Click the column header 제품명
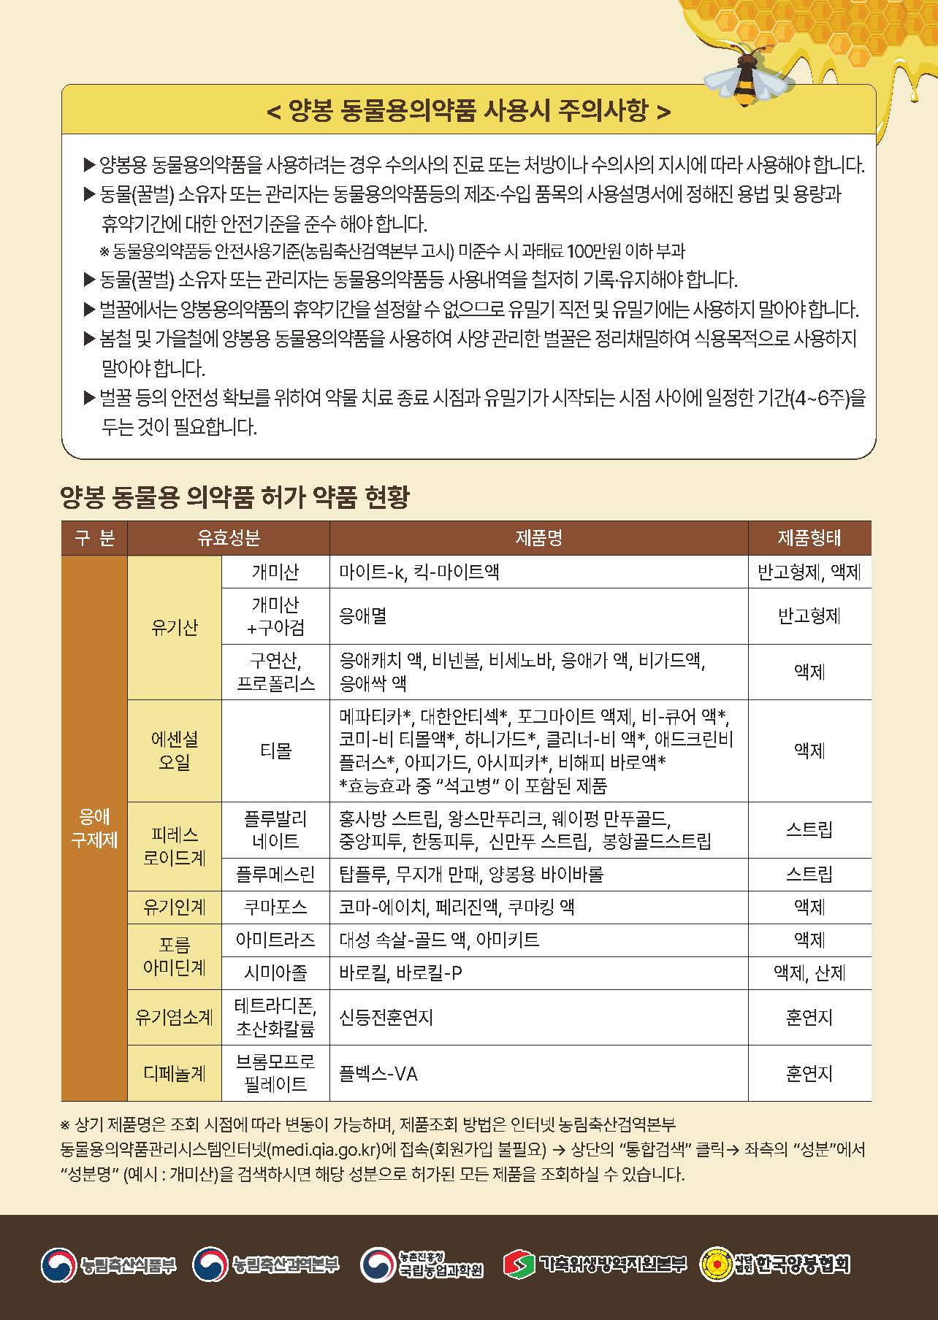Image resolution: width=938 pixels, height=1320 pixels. click(538, 538)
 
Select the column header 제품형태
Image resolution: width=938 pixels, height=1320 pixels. click(809, 538)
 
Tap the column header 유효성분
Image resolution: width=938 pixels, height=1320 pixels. click(228, 538)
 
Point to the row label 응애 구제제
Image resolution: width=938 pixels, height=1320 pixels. click(94, 828)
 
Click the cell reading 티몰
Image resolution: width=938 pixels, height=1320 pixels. click(275, 751)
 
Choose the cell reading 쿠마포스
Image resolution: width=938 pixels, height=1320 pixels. click(275, 907)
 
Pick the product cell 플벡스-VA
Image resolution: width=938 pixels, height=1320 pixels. click(378, 1073)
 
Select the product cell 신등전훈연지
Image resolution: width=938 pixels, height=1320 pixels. click(386, 1017)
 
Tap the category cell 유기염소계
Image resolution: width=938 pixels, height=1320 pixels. click(174, 1017)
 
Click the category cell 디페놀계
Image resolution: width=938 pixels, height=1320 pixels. click(174, 1073)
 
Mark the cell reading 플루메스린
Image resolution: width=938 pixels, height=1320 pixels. click(275, 874)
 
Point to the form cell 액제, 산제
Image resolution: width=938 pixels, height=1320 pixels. click(809, 973)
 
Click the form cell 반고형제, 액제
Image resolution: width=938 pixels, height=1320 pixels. click(809, 572)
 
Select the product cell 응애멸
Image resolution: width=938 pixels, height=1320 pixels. click(363, 616)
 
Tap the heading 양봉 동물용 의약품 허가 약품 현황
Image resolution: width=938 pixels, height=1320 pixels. click(235, 497)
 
